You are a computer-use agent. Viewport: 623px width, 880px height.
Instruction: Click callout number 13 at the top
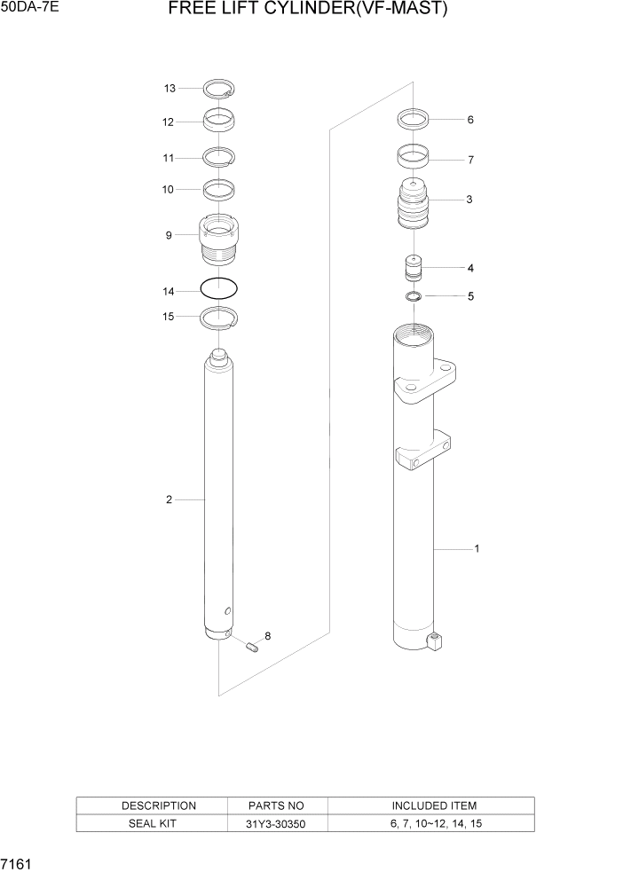point(170,88)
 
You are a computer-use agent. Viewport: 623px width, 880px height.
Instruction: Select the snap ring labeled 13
point(218,88)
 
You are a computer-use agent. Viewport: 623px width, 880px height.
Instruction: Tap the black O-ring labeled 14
point(218,289)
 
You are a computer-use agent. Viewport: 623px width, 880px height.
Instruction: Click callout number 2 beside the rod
point(169,499)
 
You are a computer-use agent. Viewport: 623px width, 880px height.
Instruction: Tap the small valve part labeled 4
point(414,268)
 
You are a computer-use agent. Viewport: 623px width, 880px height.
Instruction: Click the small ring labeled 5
point(414,296)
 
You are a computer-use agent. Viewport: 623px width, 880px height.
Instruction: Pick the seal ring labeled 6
point(414,118)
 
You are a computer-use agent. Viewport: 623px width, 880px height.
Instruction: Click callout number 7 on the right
point(470,161)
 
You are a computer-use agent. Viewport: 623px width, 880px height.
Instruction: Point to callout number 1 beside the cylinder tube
point(477,549)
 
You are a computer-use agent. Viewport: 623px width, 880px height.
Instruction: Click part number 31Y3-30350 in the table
point(277,824)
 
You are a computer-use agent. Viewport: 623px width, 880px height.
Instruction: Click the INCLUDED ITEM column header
point(434,805)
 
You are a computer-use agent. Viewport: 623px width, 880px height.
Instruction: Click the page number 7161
point(15,863)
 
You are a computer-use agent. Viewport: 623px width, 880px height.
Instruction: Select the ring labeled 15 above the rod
point(218,316)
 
